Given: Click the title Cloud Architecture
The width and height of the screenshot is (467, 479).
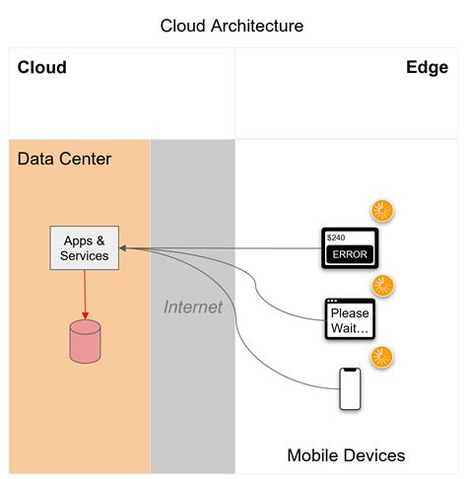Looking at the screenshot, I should click(233, 25).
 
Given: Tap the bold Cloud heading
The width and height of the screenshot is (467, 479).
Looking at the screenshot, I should click(42, 68).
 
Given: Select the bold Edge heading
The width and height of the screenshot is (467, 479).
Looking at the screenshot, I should click(427, 68).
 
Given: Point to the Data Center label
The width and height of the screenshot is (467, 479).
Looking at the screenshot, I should click(64, 159).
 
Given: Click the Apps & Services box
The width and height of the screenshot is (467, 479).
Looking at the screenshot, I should click(85, 248).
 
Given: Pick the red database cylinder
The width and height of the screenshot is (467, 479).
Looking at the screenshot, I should click(85, 339).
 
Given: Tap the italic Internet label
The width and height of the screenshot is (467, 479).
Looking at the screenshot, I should click(193, 308).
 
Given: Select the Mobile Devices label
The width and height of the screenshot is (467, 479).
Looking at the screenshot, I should click(346, 455).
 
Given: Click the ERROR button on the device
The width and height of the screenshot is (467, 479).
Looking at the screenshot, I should click(350, 255).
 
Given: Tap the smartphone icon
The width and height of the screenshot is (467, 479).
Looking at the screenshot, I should click(350, 389).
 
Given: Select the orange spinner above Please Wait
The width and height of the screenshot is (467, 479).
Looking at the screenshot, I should click(382, 286).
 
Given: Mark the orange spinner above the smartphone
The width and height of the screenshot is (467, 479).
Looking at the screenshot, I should click(381, 358).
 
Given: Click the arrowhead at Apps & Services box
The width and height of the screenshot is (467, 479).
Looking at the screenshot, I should click(127, 248).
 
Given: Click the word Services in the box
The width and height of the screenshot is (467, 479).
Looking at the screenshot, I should click(85, 256).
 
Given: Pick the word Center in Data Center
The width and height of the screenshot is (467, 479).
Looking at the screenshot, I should click(84, 159).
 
